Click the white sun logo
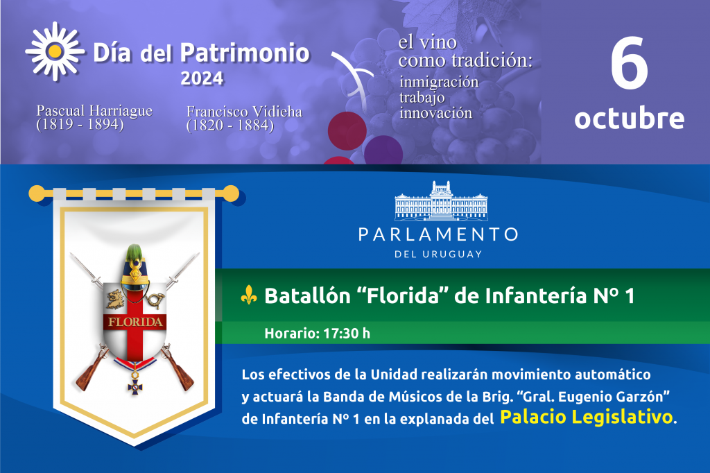click(55, 51)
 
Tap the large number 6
click(630, 63)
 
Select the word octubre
click(630, 118)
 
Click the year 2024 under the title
click(202, 79)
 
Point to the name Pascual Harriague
click(94, 111)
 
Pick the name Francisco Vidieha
click(244, 112)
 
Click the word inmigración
click(439, 82)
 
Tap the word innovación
click(435, 113)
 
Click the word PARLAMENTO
click(438, 234)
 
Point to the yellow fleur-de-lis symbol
click(249, 295)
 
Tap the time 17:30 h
click(347, 334)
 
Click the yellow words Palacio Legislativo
click(587, 418)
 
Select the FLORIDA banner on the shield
click(135, 322)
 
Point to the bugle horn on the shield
click(155, 300)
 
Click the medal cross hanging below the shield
click(135, 387)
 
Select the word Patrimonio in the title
click(245, 53)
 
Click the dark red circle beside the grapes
click(347, 130)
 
